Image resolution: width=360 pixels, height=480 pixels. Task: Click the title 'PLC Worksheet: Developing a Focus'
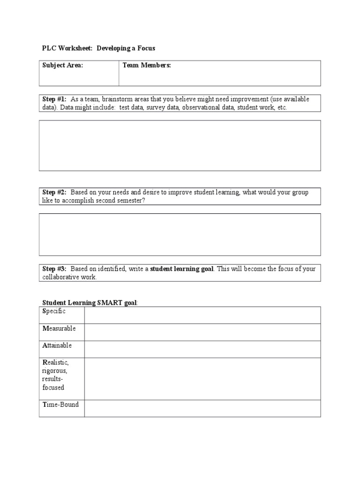click(98, 48)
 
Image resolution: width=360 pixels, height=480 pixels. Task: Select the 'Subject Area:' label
click(63, 66)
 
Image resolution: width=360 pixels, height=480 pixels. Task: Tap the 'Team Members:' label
click(147, 66)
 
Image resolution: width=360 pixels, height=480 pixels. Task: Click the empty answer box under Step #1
click(180, 145)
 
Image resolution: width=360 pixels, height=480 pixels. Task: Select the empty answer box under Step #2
click(180, 234)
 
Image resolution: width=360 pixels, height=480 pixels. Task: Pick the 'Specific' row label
click(54, 311)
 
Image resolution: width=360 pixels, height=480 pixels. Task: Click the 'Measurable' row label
click(59, 328)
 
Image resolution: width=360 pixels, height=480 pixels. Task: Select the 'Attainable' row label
click(57, 345)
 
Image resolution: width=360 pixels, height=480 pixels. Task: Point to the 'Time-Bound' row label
click(60, 405)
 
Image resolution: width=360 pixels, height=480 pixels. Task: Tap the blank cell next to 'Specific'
click(202, 315)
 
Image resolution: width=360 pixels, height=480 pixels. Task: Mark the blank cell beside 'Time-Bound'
click(202, 408)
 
